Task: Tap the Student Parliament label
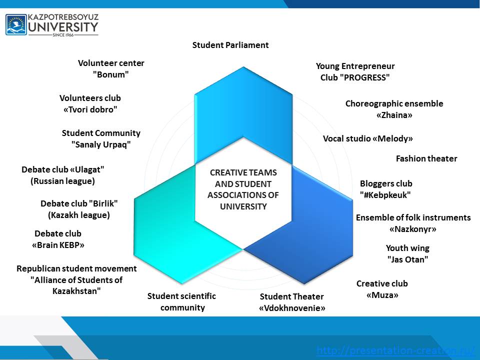pyautogui.click(x=230, y=45)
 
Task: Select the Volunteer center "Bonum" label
pyautogui.click(x=111, y=68)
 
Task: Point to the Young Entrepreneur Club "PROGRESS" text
pyautogui.click(x=355, y=71)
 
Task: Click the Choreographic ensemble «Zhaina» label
pyautogui.click(x=394, y=109)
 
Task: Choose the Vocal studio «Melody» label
pyautogui.click(x=368, y=138)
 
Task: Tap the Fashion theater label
pyautogui.click(x=426, y=158)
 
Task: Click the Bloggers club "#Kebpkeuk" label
pyautogui.click(x=386, y=189)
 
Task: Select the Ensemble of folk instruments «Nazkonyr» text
pyautogui.click(x=413, y=223)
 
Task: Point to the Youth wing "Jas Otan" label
pyautogui.click(x=407, y=253)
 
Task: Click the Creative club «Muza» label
pyautogui.click(x=382, y=289)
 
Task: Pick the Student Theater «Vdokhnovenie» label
pyautogui.click(x=292, y=302)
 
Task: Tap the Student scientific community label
pyautogui.click(x=182, y=301)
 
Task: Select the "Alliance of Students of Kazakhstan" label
pyautogui.click(x=76, y=279)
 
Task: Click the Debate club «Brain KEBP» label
pyautogui.click(x=58, y=239)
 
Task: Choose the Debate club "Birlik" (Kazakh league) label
pyautogui.click(x=79, y=209)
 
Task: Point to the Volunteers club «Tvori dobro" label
pyautogui.click(x=90, y=103)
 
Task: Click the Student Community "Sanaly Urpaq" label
pyautogui.click(x=101, y=138)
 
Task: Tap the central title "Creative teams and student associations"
pyautogui.click(x=243, y=189)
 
